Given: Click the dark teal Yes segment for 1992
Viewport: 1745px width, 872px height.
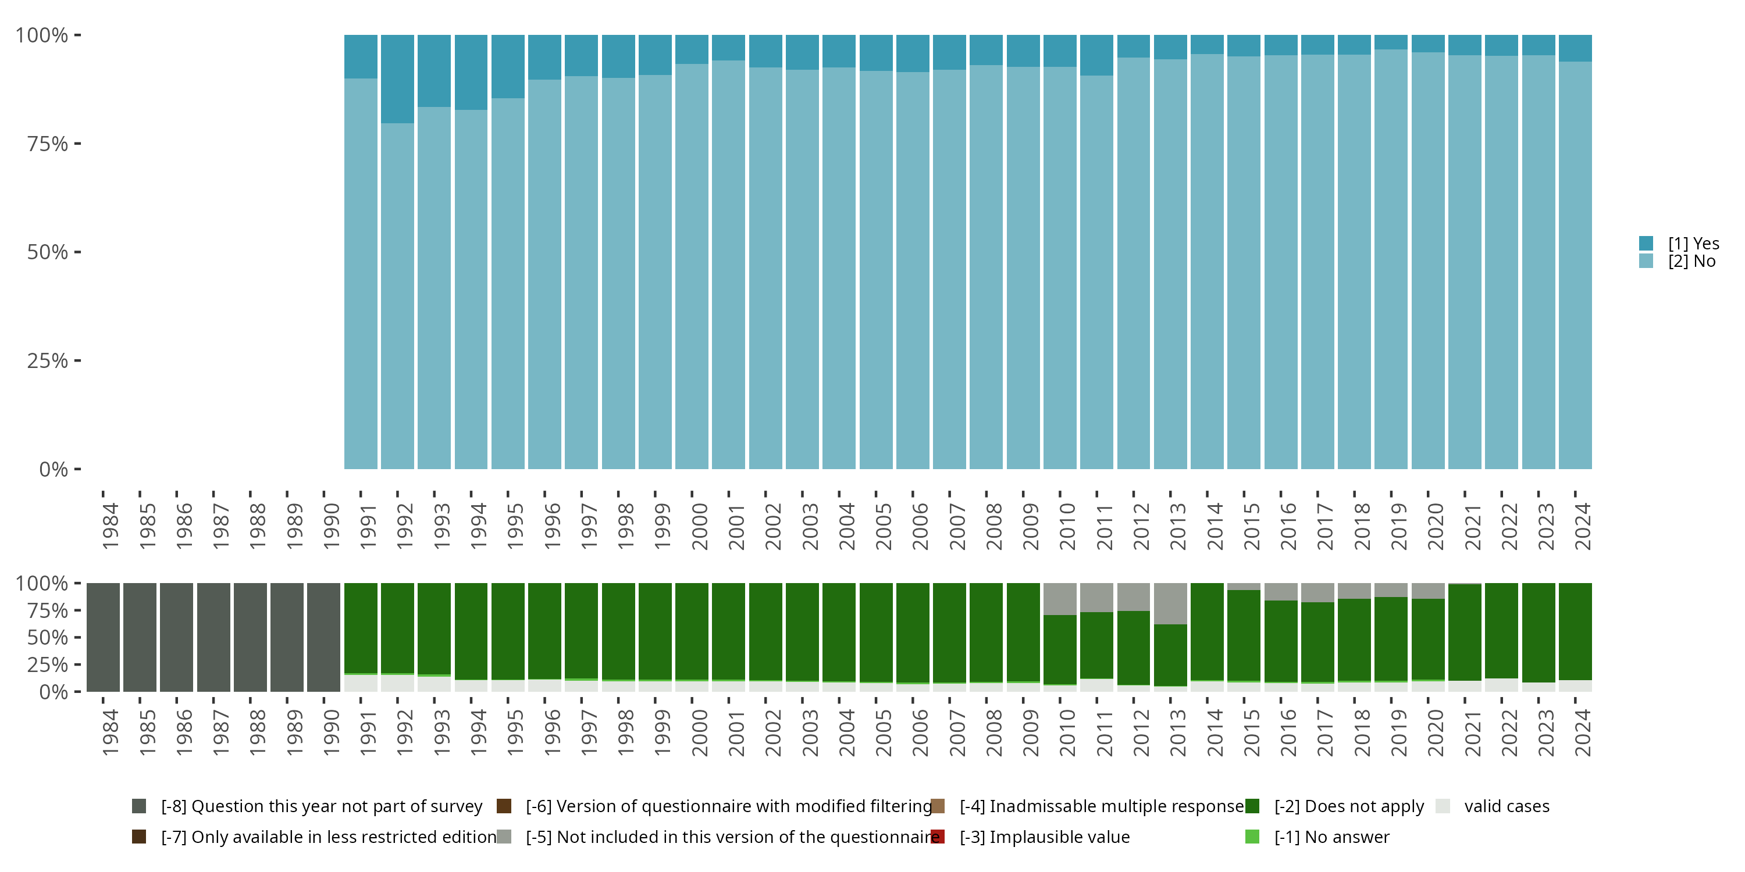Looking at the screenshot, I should (x=397, y=78).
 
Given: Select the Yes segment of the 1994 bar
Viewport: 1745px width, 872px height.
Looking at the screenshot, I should (x=471, y=72).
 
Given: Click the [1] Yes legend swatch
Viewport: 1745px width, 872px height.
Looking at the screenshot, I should (x=1646, y=243).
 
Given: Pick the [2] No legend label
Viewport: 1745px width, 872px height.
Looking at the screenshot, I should (x=1691, y=262).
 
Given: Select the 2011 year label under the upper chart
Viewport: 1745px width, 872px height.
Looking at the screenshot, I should (x=1103, y=527).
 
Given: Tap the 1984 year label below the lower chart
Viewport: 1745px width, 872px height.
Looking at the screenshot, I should (x=110, y=732).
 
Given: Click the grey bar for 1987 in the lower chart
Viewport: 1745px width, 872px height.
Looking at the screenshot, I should (x=213, y=637).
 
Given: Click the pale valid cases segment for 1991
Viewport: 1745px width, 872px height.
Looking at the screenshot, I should (x=361, y=683).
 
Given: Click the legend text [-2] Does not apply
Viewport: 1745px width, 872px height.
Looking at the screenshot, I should (x=1349, y=806).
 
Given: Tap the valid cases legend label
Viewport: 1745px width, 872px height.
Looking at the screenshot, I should (x=1507, y=806).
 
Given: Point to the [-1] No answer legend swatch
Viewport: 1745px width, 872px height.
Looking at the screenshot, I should (x=1252, y=837).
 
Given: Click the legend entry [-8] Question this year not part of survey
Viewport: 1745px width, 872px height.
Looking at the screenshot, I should (x=321, y=806).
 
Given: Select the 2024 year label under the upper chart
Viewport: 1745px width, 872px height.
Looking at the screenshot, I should (x=1582, y=527).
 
